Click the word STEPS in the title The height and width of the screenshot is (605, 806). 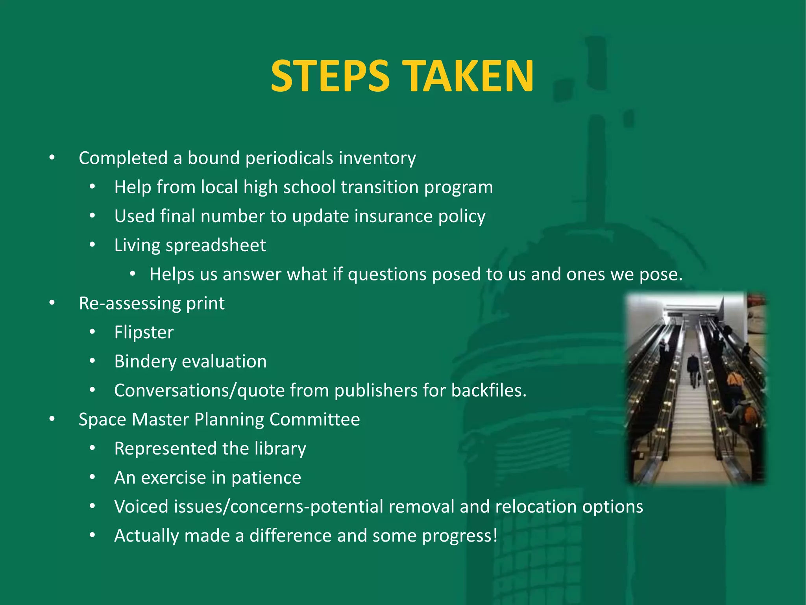[330, 76]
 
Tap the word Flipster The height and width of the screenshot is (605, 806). [144, 332]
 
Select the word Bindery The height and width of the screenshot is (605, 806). [145, 362]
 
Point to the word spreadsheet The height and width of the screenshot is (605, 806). [216, 245]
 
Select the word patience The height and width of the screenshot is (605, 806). [266, 478]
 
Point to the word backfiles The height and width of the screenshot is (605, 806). [488, 391]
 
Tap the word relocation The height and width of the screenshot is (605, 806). [536, 507]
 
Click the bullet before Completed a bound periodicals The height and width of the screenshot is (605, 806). [52, 158]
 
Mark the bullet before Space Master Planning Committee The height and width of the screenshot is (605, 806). [52, 419]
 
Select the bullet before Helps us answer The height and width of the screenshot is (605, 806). [133, 274]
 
